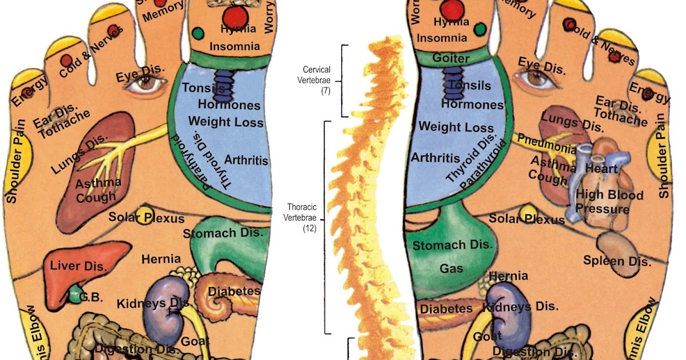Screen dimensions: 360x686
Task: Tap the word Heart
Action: (601, 169)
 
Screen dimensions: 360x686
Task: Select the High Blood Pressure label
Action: (602, 202)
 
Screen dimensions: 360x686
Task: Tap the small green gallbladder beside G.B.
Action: (74, 295)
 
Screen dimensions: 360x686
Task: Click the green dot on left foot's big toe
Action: (198, 33)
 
